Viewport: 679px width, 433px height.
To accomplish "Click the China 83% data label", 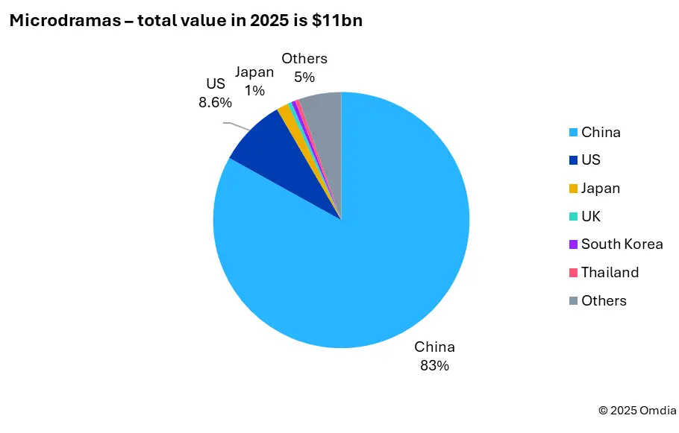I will [x=434, y=356].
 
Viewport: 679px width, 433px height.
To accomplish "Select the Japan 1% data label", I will [x=254, y=81].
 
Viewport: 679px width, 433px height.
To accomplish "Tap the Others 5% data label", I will [x=304, y=68].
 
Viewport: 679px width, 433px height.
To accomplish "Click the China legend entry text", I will [x=601, y=133].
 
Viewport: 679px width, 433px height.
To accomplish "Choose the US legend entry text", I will [x=591, y=160].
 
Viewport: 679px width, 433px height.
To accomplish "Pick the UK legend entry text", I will [x=591, y=216].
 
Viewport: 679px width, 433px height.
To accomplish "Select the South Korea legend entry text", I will [x=622, y=244].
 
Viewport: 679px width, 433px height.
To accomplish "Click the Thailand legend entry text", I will [x=610, y=272].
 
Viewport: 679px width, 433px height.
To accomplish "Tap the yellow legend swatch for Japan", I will [x=572, y=189].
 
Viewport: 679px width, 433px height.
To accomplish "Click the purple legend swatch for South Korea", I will [x=572, y=244].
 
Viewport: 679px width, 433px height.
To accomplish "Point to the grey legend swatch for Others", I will [x=572, y=301].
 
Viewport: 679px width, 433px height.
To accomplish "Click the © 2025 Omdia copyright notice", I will [x=637, y=410].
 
